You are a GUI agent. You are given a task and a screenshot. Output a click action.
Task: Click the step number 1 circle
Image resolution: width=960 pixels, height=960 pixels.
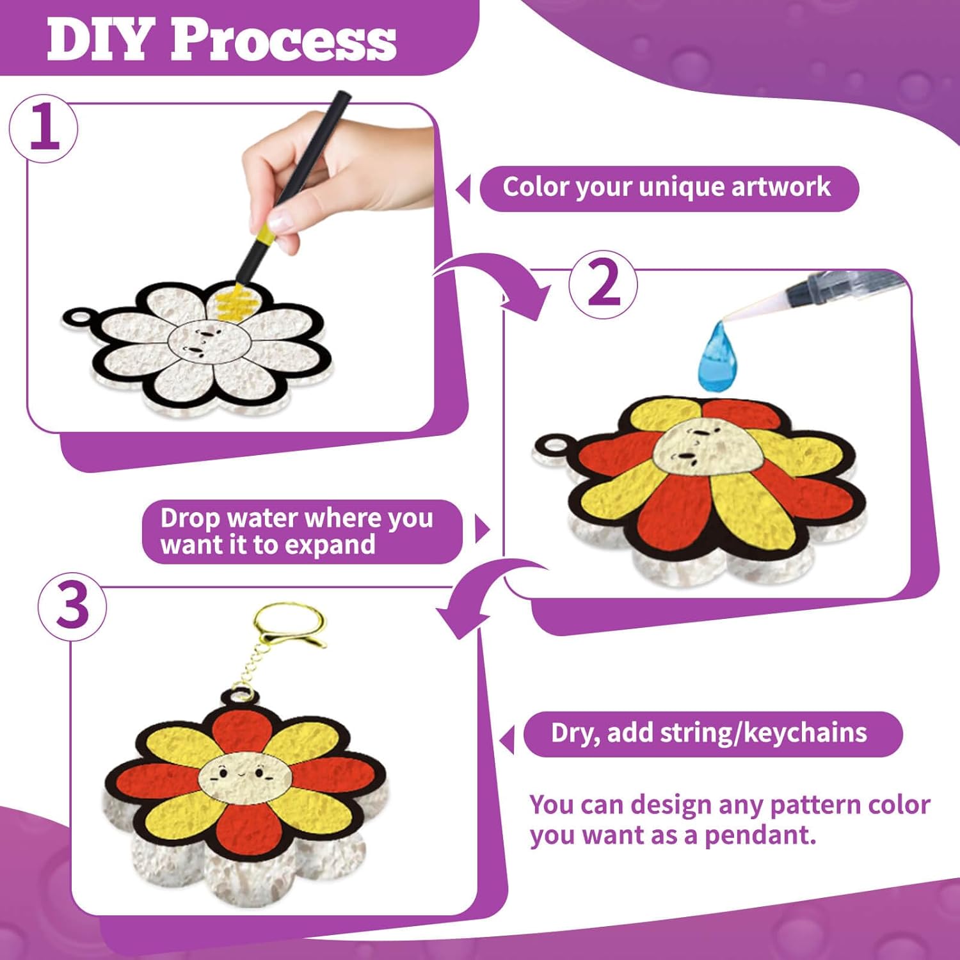tap(44, 129)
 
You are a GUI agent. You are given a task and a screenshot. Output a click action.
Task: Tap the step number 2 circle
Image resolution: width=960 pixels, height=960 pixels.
tap(603, 284)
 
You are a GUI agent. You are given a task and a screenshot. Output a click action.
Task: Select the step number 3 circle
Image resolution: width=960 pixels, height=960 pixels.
tap(72, 607)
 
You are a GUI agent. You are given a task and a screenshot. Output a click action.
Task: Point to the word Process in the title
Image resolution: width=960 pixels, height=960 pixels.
tap(283, 40)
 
